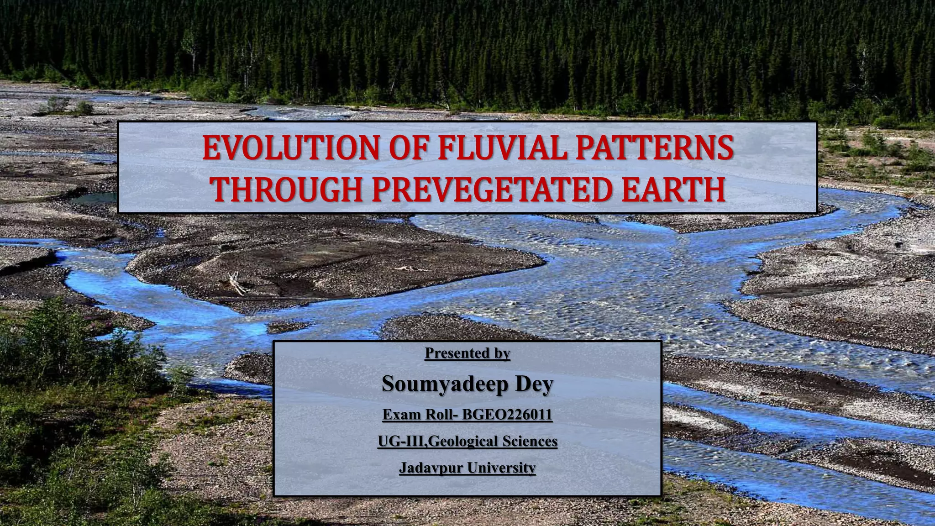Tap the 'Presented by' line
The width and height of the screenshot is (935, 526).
coord(467,353)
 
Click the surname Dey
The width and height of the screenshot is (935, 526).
coord(534,384)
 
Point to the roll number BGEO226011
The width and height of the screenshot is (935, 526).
coord(507,415)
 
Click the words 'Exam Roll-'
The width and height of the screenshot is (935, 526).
coord(420,415)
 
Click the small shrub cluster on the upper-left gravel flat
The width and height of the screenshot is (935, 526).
coord(68,107)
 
